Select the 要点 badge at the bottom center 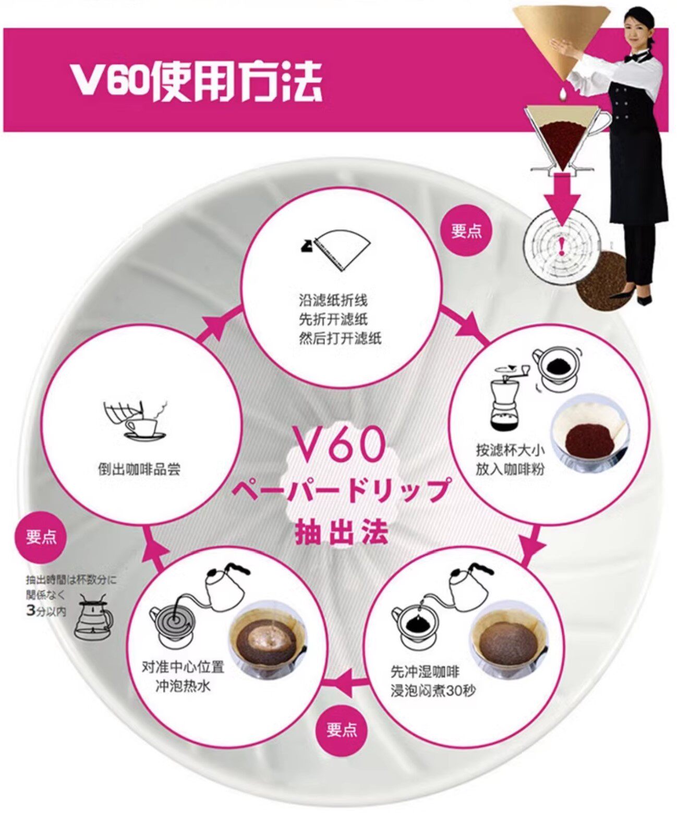pos(342,730)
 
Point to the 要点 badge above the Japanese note pos(42,536)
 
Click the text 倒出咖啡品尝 pos(139,469)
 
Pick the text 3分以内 pos(46,611)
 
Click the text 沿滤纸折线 pos(333,301)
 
